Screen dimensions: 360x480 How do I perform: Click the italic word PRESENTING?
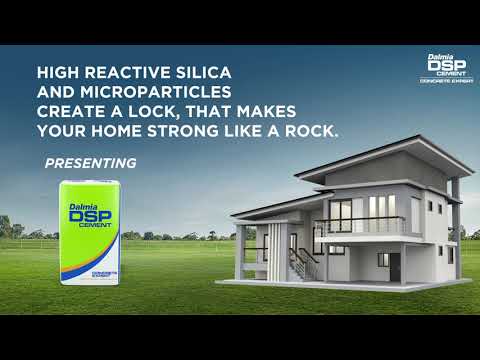[x=91, y=162]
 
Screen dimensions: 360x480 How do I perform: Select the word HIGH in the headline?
[x=58, y=74]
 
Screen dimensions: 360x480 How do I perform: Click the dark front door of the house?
[x=395, y=265]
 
